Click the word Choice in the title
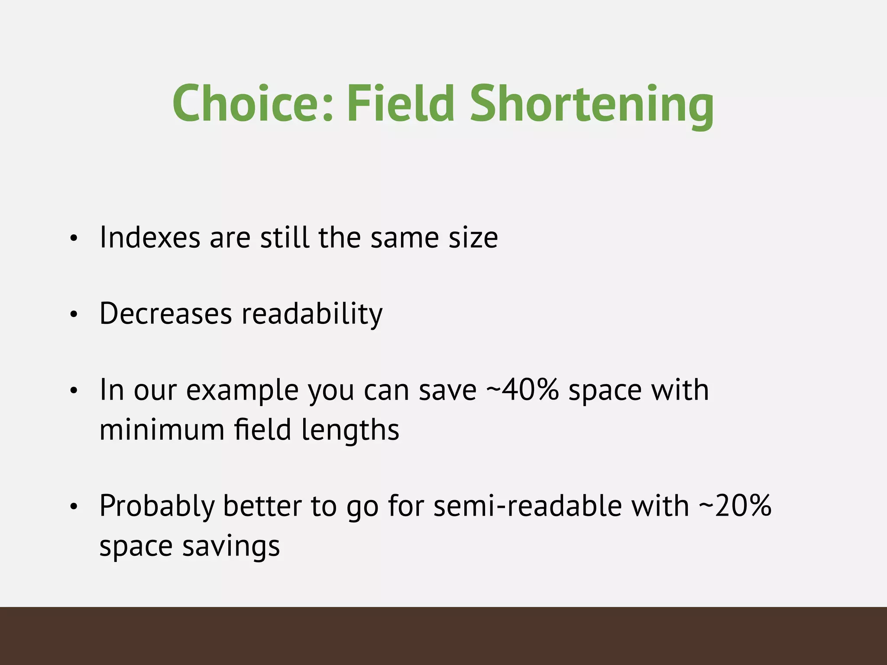pyautogui.click(x=253, y=104)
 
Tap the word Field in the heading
pyautogui.click(x=401, y=104)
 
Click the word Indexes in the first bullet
pyautogui.click(x=150, y=238)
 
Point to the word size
pyautogui.click(x=473, y=238)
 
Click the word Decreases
pyautogui.click(x=165, y=313)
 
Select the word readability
pyautogui.click(x=312, y=314)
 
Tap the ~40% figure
pyautogui.click(x=522, y=390)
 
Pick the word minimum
pyautogui.click(x=162, y=430)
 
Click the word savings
pyautogui.click(x=231, y=546)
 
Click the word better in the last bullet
pyautogui.click(x=262, y=506)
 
